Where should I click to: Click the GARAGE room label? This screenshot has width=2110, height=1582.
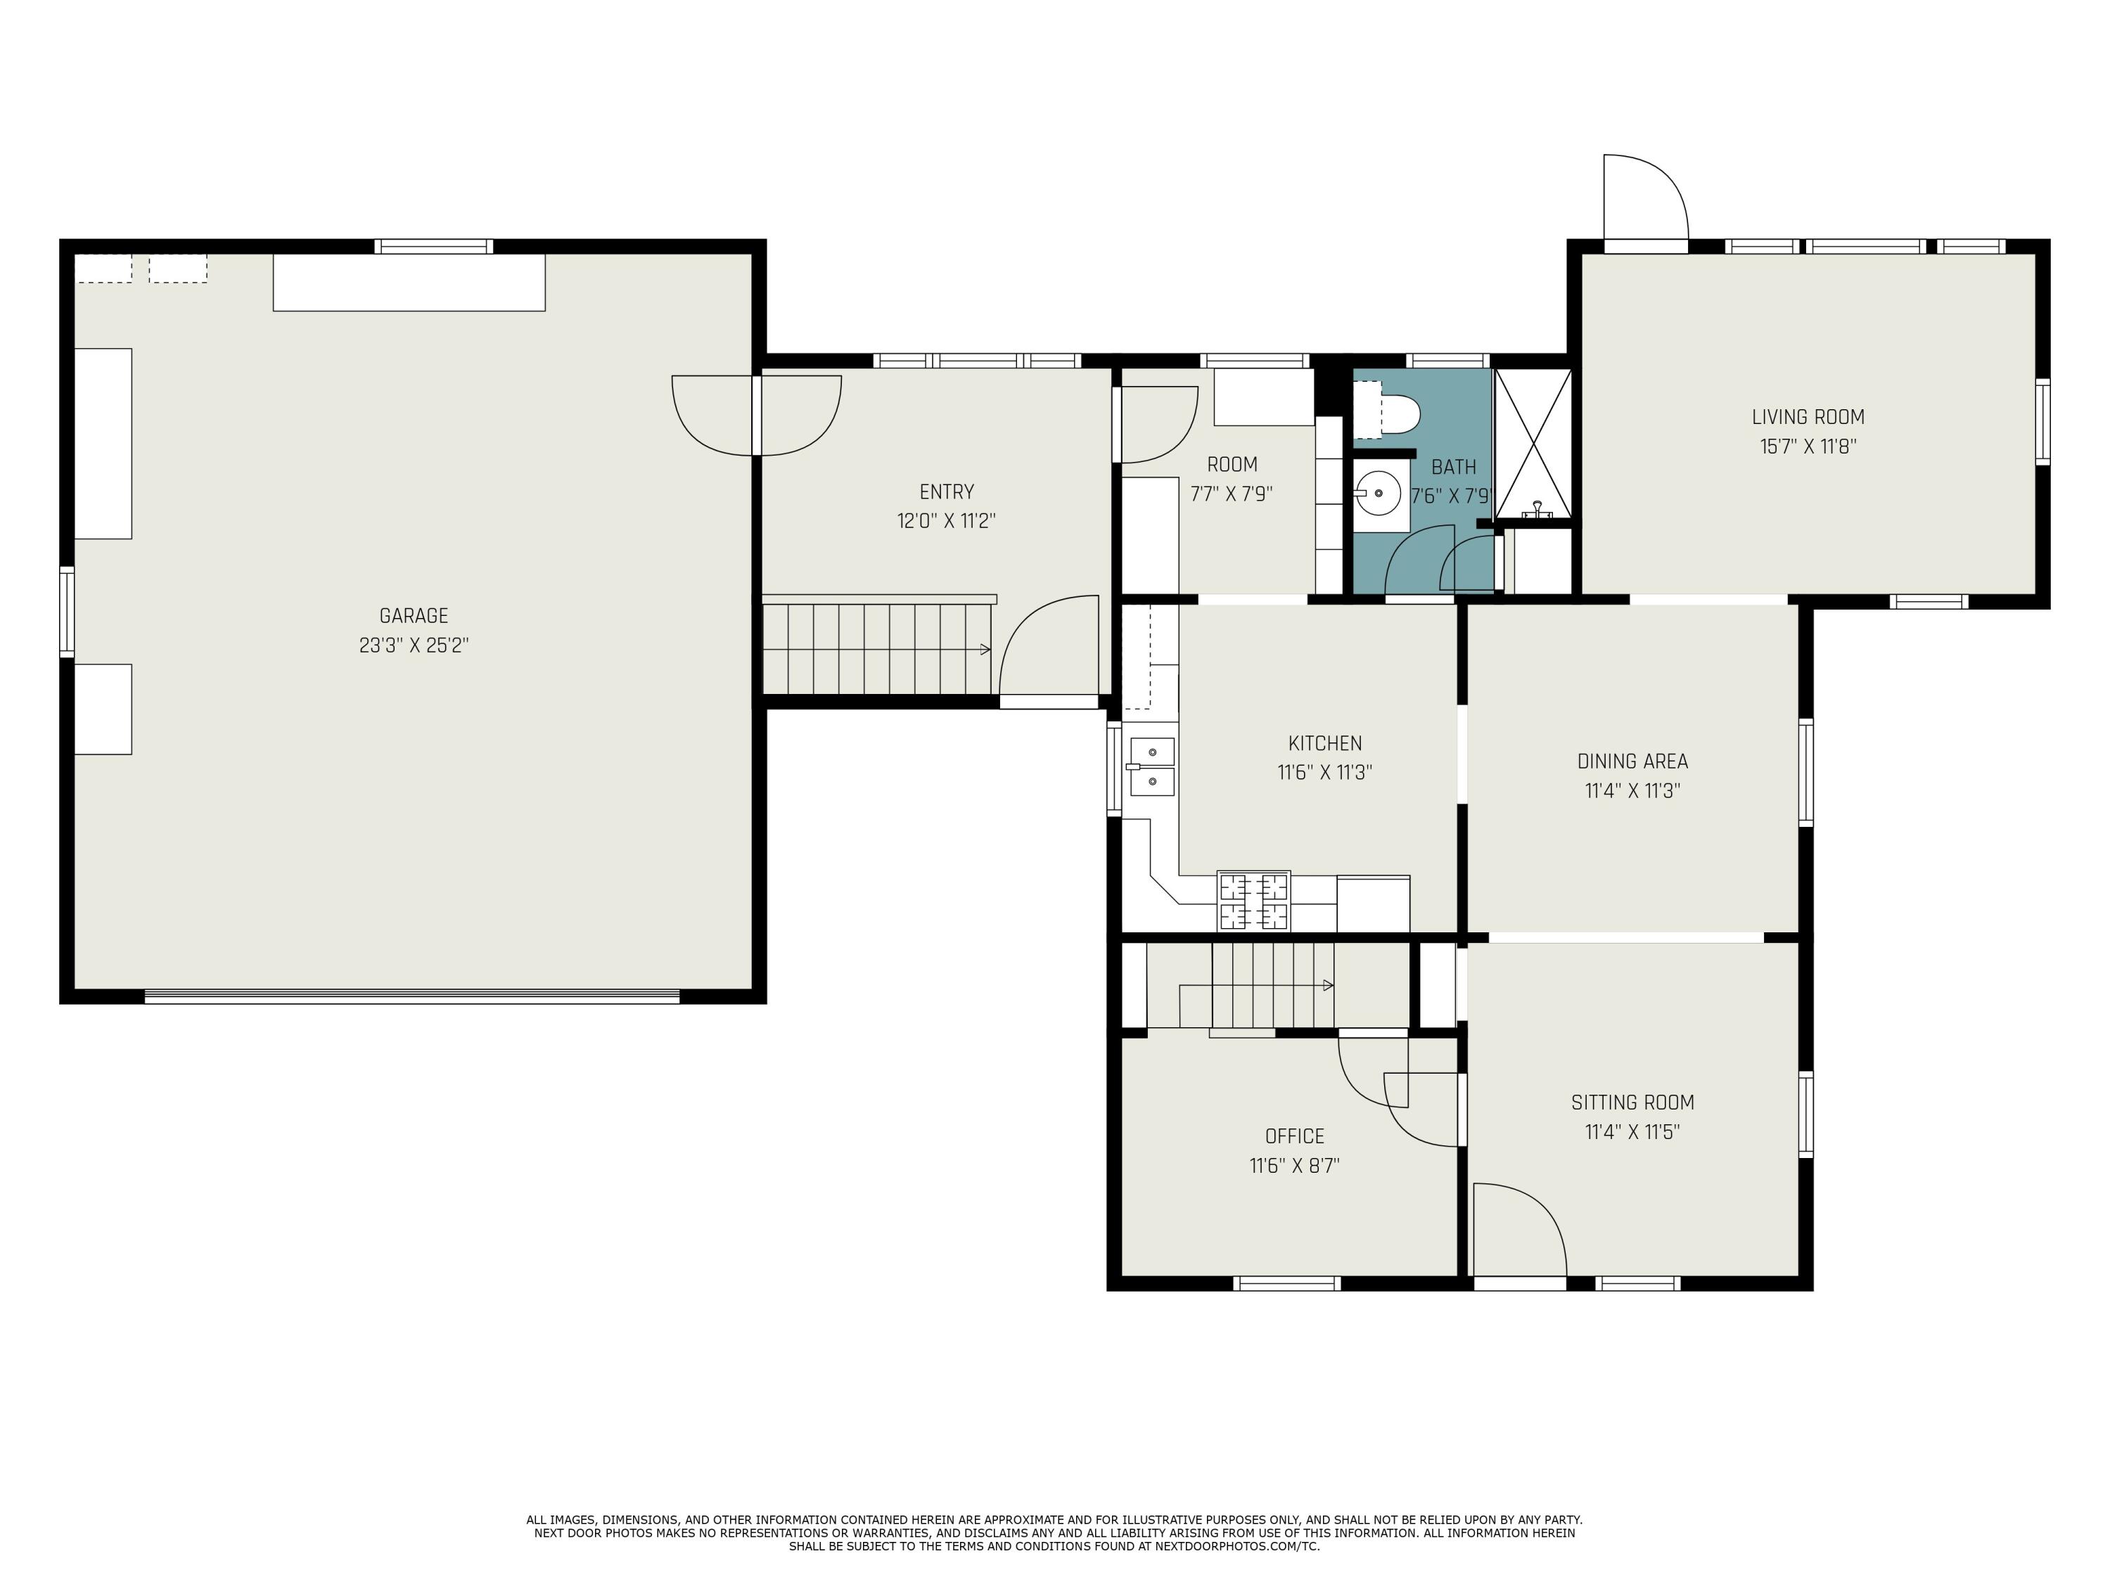pyautogui.click(x=413, y=616)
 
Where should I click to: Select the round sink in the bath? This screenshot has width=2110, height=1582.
pyautogui.click(x=1379, y=493)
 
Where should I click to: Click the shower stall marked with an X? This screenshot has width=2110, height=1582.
pyautogui.click(x=1532, y=444)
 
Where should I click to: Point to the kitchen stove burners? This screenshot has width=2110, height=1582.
pyautogui.click(x=1253, y=901)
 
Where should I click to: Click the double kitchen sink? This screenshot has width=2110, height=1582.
pyautogui.click(x=1152, y=766)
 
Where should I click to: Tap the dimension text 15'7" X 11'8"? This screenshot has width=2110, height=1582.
pyautogui.click(x=1808, y=446)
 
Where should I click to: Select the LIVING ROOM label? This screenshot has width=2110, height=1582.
pyautogui.click(x=1808, y=417)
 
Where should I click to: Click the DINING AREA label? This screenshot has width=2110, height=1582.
pyautogui.click(x=1632, y=761)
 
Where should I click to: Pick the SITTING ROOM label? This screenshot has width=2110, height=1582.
pyautogui.click(x=1632, y=1102)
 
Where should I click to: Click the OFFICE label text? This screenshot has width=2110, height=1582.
pyautogui.click(x=1294, y=1136)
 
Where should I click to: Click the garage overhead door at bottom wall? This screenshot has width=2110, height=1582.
pyautogui.click(x=412, y=996)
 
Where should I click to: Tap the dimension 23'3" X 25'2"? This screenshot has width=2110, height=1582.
pyautogui.click(x=413, y=645)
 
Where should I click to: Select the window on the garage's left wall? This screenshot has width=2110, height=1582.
pyautogui.click(x=67, y=611)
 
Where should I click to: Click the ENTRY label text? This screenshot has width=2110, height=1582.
pyautogui.click(x=946, y=492)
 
